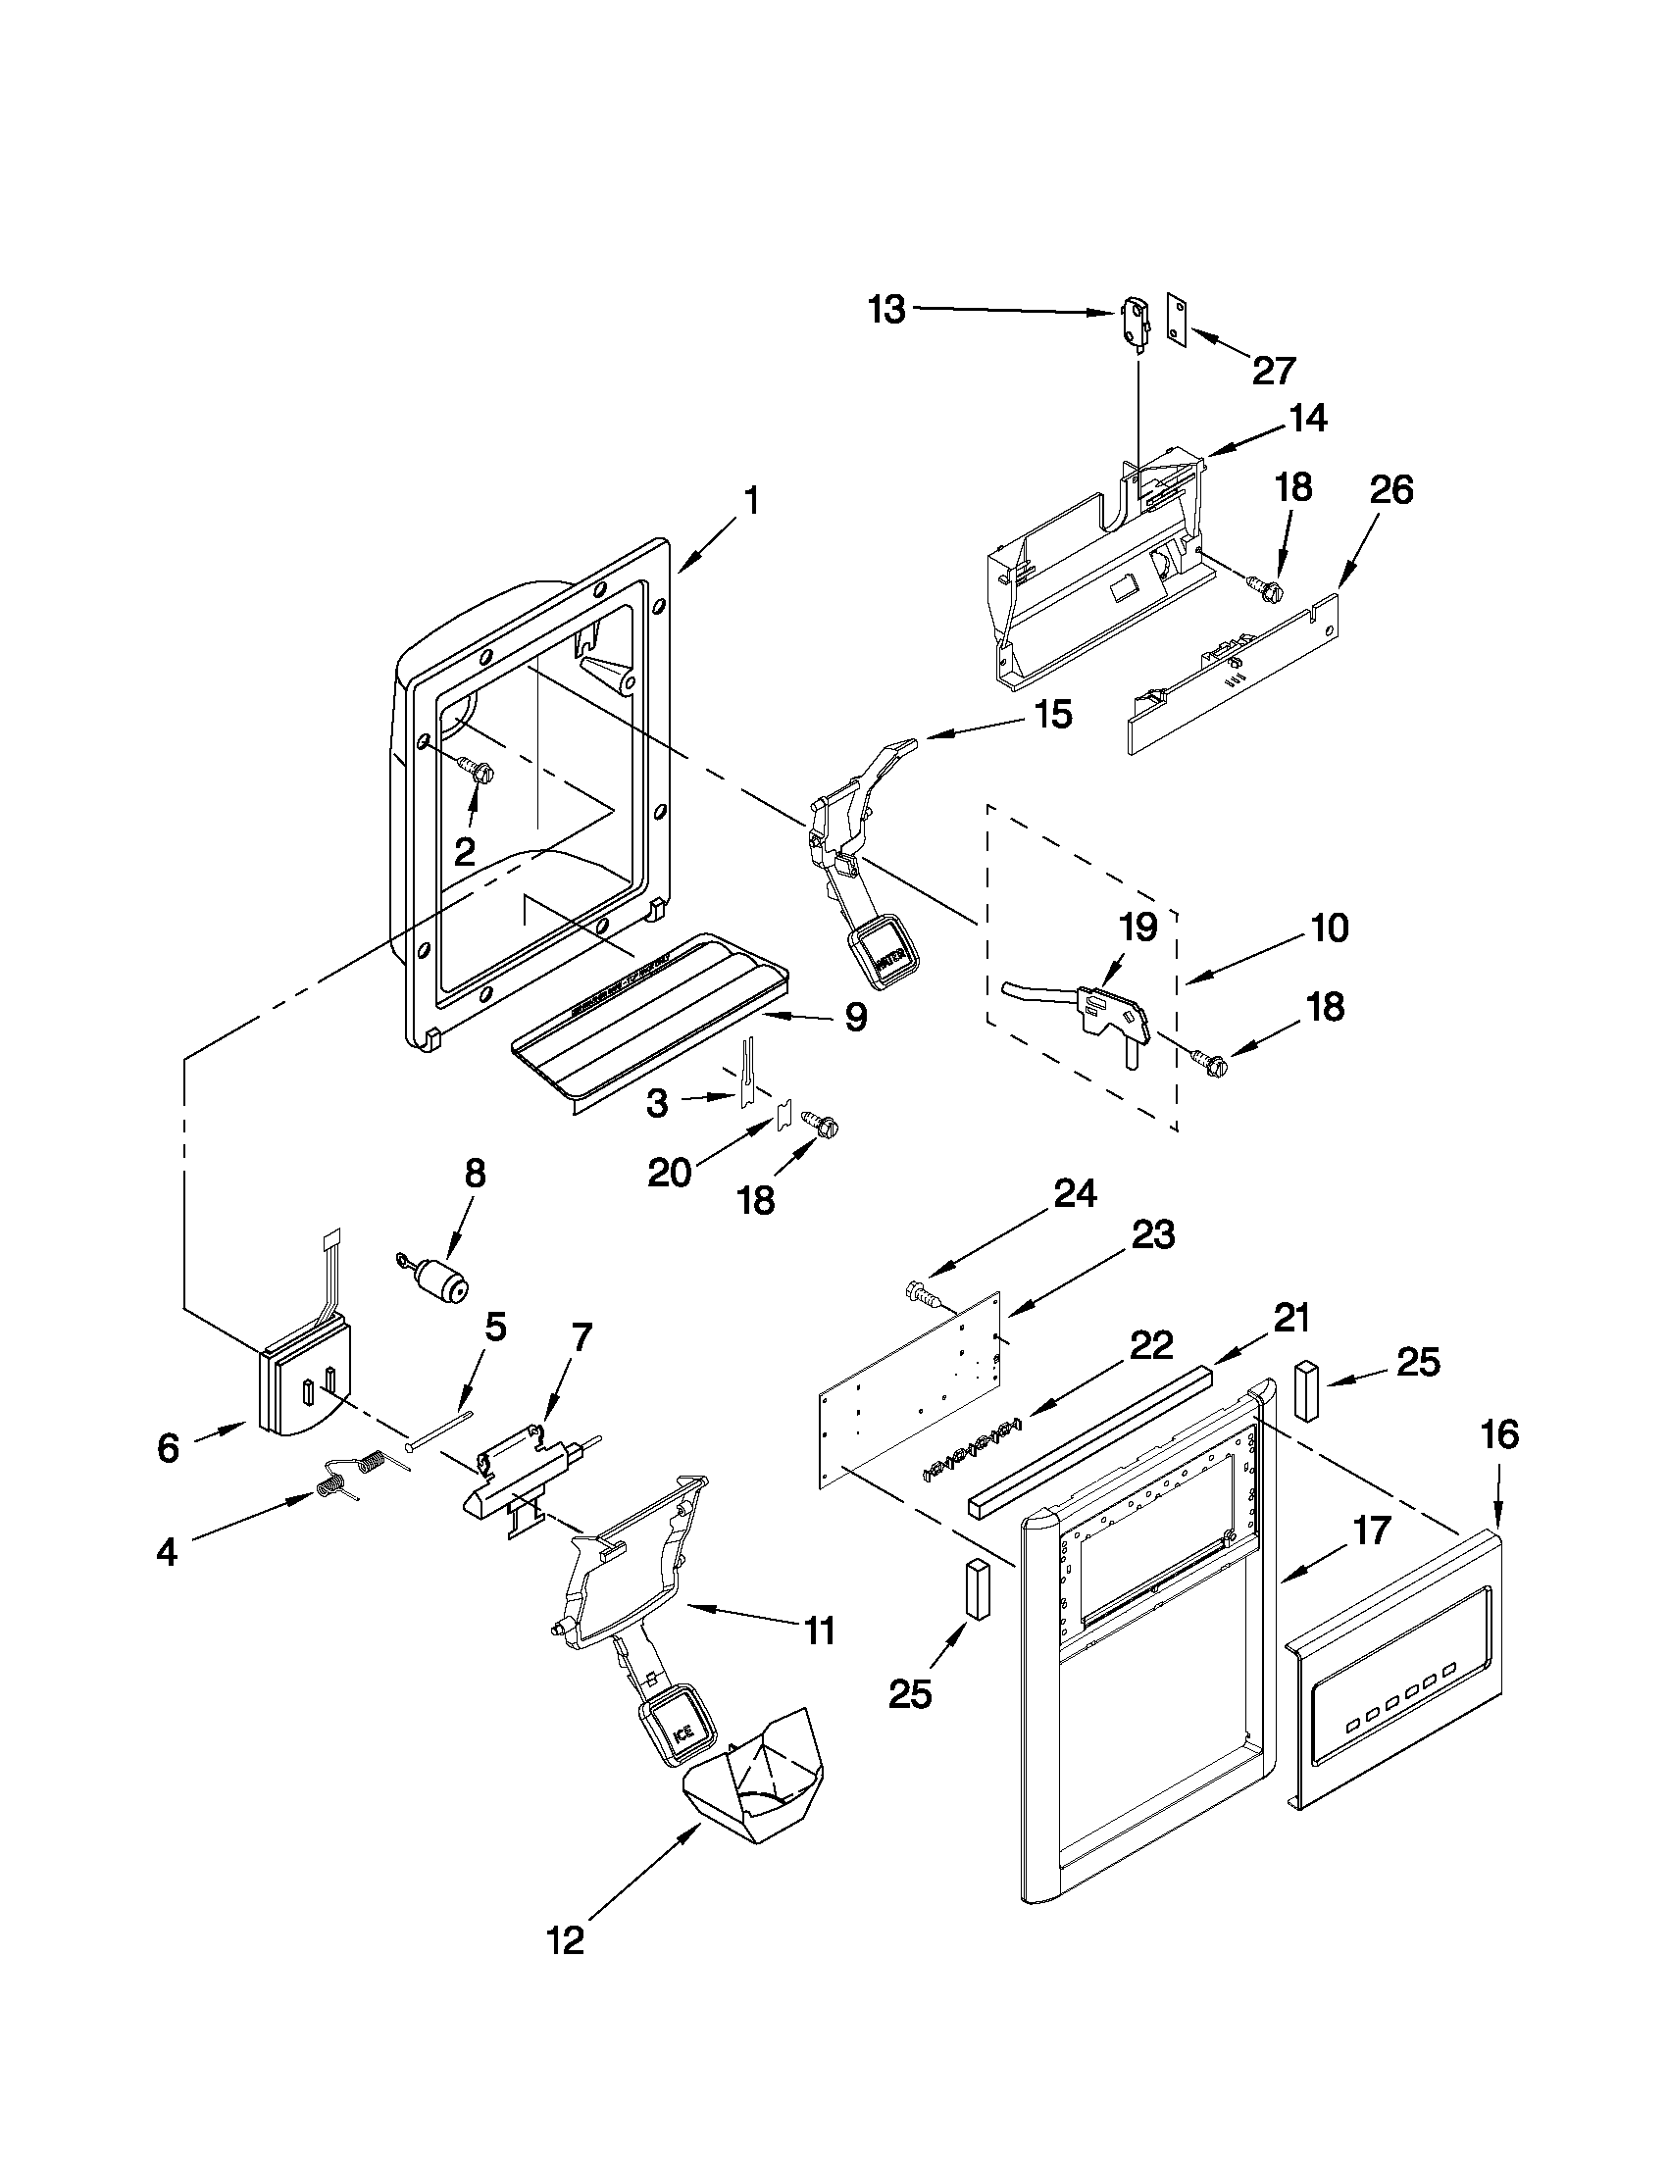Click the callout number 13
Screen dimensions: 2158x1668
(x=886, y=310)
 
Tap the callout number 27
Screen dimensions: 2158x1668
(x=1273, y=371)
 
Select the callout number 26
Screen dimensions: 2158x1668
(x=1390, y=490)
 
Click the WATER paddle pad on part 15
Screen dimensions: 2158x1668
(x=886, y=948)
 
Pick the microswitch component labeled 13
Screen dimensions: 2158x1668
(x=1136, y=325)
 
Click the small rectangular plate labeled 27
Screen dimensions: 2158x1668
(x=1176, y=322)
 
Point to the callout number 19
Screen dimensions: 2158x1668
(x=1137, y=928)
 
